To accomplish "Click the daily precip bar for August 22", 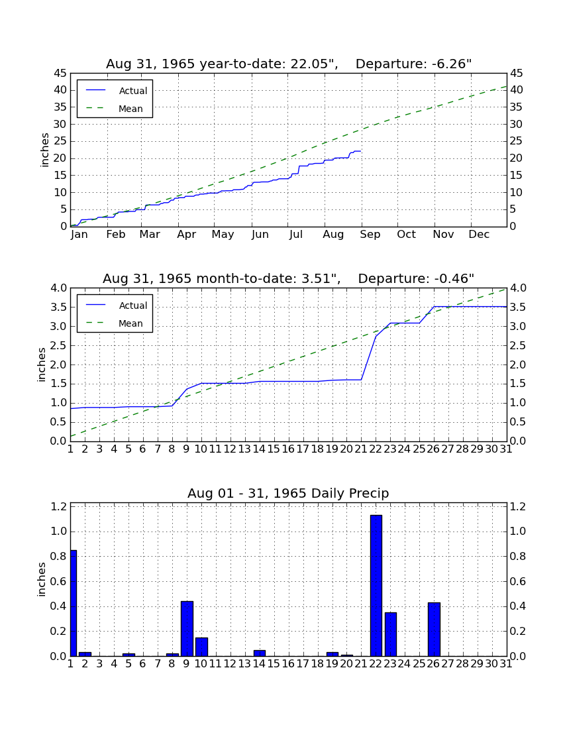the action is click(x=376, y=586).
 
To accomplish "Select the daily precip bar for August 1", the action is click(x=74, y=603).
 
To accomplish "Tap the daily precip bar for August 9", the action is click(x=187, y=628).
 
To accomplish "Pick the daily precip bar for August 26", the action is click(x=434, y=630).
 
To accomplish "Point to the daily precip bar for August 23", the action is click(x=391, y=635).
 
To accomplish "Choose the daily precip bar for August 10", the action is click(x=201, y=647).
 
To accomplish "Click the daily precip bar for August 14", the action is click(x=260, y=653).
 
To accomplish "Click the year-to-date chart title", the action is click(x=289, y=64).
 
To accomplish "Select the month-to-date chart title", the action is click(x=289, y=278).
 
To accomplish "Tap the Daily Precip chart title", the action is click(x=288, y=493).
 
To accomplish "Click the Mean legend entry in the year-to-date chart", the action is click(x=115, y=109).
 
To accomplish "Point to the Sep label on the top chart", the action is click(x=370, y=235).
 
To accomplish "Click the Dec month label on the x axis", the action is click(x=479, y=235).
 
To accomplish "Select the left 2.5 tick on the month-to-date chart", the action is click(x=58, y=345).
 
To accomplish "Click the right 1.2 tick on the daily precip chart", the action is click(x=518, y=506).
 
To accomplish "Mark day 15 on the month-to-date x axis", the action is click(x=274, y=449).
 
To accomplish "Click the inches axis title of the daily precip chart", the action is click(x=42, y=579).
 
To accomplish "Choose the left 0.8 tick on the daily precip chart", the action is click(x=58, y=557).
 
